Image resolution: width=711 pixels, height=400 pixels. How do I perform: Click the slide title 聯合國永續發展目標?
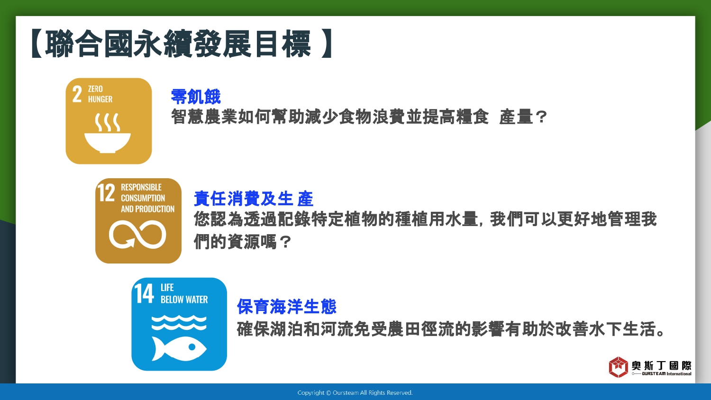178,44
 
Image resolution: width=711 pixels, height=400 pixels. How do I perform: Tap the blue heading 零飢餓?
195,97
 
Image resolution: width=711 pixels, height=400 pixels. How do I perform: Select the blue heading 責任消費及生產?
253,199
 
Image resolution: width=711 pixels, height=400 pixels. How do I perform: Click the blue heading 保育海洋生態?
286,306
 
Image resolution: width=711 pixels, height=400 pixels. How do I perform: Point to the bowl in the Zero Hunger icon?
108,143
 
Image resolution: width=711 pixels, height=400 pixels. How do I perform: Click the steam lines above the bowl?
108,122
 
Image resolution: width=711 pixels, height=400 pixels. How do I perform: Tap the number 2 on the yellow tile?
77,94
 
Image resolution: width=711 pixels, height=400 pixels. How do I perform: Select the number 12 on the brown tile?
106,192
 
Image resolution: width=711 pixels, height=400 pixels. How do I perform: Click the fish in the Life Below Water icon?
179,348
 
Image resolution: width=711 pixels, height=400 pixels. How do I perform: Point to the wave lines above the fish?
179,323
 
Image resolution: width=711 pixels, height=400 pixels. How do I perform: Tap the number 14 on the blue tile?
144,293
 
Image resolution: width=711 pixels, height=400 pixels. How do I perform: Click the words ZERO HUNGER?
100,94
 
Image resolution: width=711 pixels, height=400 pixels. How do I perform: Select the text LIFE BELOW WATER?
184,294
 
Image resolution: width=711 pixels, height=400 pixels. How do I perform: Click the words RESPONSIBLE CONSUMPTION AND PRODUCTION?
147,198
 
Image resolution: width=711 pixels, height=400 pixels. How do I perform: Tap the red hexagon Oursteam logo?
618,367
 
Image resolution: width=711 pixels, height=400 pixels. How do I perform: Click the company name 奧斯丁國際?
662,365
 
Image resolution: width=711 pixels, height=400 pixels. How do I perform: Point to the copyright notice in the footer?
355,393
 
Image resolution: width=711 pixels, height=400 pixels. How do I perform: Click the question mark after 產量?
541,117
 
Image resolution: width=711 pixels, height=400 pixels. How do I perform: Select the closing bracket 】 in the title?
327,44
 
